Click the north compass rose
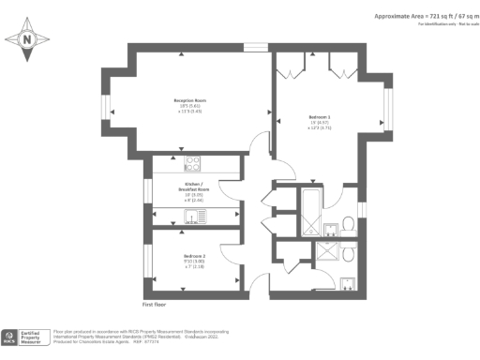click(27, 39)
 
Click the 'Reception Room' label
click(189, 102)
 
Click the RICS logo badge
click(11, 337)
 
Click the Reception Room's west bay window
click(106, 102)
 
